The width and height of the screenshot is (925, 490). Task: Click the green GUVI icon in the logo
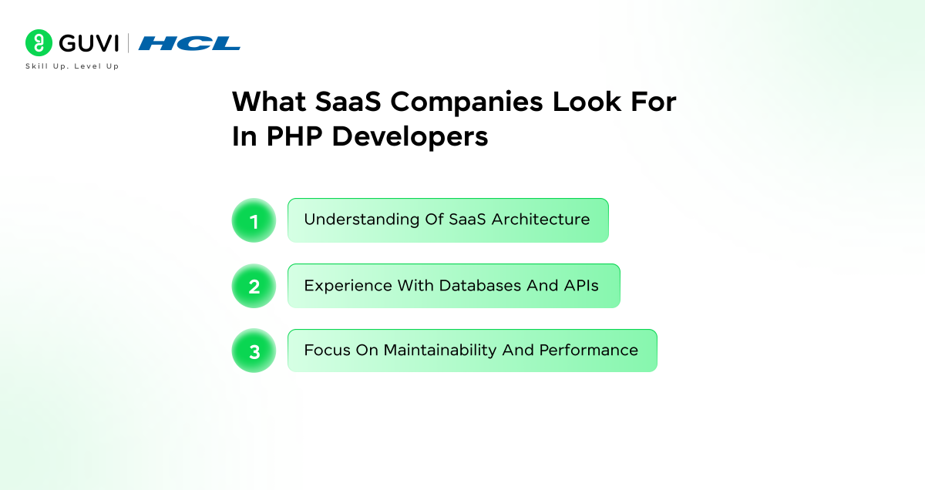[x=38, y=43]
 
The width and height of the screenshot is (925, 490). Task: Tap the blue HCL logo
[x=190, y=44]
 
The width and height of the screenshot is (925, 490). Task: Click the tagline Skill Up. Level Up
[x=72, y=67]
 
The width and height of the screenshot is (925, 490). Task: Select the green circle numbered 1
[x=254, y=221]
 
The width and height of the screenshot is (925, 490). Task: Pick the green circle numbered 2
[x=254, y=287]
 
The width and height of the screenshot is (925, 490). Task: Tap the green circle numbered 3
[x=254, y=351]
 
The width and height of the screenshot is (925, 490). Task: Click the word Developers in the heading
[x=413, y=136]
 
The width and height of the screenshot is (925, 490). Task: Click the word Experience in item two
[x=348, y=285]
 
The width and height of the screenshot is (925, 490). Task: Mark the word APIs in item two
[x=580, y=285]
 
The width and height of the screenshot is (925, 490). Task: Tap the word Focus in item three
[x=327, y=350]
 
